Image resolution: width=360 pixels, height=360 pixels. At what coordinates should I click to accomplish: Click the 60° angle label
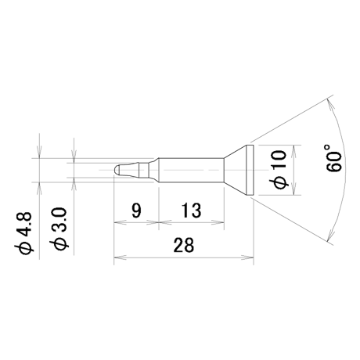pyautogui.click(x=334, y=158)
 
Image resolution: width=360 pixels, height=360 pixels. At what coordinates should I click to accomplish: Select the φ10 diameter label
pyautogui.click(x=280, y=169)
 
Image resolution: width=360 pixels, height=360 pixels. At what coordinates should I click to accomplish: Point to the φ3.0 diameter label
pyautogui.click(x=59, y=229)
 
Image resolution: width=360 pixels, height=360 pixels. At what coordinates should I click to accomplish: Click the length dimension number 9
pyautogui.click(x=136, y=211)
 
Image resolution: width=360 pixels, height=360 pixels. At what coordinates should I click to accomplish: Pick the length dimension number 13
pyautogui.click(x=192, y=211)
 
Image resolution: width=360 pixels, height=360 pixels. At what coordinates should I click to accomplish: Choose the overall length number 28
pyautogui.click(x=184, y=245)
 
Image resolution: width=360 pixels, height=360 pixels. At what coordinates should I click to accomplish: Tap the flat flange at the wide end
pyautogui.click(x=250, y=170)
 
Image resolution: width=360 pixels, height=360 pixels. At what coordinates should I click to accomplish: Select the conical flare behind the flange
pyautogui.click(x=235, y=170)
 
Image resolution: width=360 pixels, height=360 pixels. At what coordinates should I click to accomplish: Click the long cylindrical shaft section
pyautogui.click(x=191, y=170)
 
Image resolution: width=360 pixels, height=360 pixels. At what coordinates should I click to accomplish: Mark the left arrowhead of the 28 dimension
pyautogui.click(x=120, y=257)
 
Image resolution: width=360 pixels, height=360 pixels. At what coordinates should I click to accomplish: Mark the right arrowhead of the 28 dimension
pyautogui.click(x=247, y=257)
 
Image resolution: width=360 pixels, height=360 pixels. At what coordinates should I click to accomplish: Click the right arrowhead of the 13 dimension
pyautogui.click(x=218, y=222)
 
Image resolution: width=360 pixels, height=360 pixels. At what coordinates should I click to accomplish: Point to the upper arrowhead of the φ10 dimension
pyautogui.click(x=294, y=151)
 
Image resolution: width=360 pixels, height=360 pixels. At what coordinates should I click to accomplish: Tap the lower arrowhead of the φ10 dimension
pyautogui.click(x=294, y=189)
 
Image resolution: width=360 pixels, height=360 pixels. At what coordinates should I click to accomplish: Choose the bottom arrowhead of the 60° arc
pyautogui.click(x=330, y=234)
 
